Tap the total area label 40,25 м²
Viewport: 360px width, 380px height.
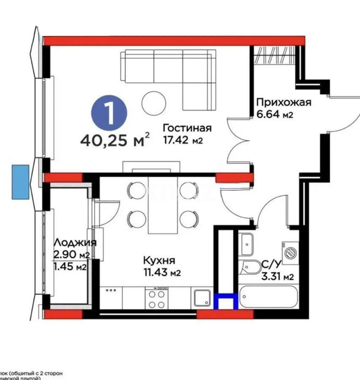click(x=114, y=139)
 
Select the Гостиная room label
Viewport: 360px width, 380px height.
click(x=187, y=128)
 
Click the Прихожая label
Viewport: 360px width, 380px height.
click(x=284, y=103)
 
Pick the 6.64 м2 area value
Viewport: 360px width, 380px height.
click(x=275, y=114)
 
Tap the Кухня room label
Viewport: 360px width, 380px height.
click(x=159, y=261)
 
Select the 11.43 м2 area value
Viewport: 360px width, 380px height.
click(x=162, y=272)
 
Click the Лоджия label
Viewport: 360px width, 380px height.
click(x=75, y=243)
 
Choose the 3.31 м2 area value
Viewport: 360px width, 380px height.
click(x=278, y=277)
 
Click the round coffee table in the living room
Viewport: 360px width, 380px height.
click(x=153, y=103)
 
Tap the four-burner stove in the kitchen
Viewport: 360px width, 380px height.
click(x=157, y=299)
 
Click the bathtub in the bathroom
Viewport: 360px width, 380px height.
click(x=269, y=297)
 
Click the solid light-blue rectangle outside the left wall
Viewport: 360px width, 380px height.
click(x=20, y=182)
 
